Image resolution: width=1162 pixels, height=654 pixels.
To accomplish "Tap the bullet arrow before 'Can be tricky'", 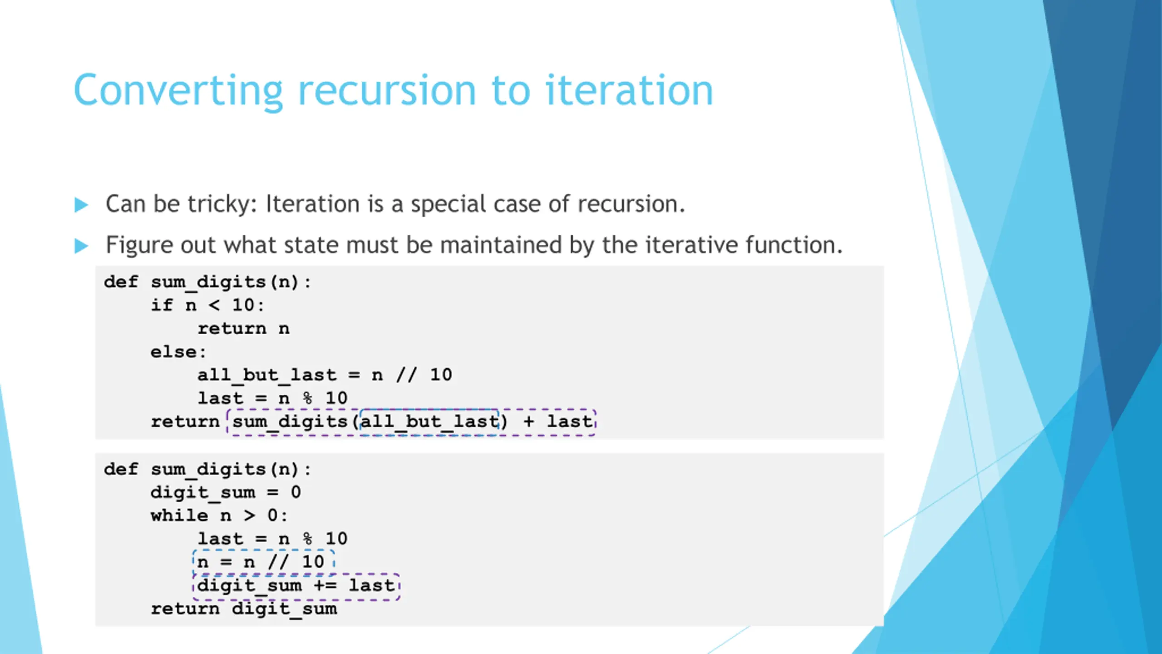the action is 81,205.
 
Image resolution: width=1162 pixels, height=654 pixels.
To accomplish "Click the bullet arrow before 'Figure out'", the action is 81,246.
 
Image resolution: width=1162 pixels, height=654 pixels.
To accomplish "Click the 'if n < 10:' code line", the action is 207,305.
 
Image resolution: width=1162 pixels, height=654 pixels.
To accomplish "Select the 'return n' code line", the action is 243,328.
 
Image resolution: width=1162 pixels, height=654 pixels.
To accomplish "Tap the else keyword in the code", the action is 174,352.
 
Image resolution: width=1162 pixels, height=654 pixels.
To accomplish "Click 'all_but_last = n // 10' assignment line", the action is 325,375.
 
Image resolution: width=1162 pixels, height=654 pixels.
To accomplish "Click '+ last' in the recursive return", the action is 558,421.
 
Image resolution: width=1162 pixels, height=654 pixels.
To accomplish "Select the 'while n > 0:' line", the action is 219,515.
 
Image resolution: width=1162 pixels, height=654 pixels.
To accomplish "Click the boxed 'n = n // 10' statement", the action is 263,562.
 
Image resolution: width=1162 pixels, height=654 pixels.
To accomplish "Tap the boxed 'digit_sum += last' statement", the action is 296,586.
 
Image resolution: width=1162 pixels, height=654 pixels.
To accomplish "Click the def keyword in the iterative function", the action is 121,469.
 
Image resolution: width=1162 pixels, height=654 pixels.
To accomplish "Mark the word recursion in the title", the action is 387,91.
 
